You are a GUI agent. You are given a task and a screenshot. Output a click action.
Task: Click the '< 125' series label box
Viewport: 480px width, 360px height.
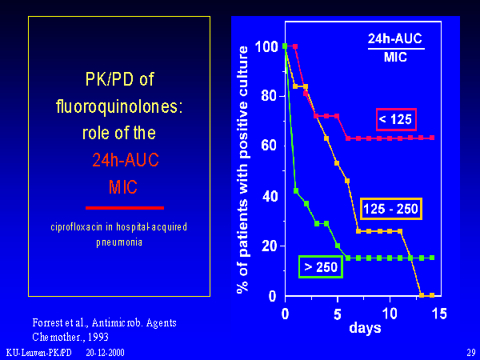pyautogui.click(x=396, y=119)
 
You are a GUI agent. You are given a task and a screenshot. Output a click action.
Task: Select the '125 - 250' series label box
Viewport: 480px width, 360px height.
pyautogui.click(x=390, y=209)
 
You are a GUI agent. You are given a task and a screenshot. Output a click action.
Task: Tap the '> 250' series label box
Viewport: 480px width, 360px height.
pyautogui.click(x=320, y=266)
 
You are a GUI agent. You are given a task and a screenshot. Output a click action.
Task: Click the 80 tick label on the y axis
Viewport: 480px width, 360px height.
pyautogui.click(x=270, y=96)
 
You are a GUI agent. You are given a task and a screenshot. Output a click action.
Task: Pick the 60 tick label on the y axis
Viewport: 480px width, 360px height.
pyautogui.click(x=270, y=146)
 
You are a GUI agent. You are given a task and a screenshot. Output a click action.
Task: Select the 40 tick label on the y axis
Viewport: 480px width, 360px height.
pyautogui.click(x=270, y=196)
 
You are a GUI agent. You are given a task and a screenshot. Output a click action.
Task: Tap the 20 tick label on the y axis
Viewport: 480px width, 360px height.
pyautogui.click(x=270, y=246)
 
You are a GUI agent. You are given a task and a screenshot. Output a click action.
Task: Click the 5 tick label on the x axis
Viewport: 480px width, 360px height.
pyautogui.click(x=338, y=313)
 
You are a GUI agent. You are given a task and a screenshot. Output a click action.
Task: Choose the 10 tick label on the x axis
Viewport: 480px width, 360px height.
pyautogui.click(x=390, y=313)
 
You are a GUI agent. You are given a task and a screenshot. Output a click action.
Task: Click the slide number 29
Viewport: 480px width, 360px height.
pyautogui.click(x=470, y=352)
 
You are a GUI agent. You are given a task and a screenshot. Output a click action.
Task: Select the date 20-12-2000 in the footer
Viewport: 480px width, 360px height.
pyautogui.click(x=105, y=352)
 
